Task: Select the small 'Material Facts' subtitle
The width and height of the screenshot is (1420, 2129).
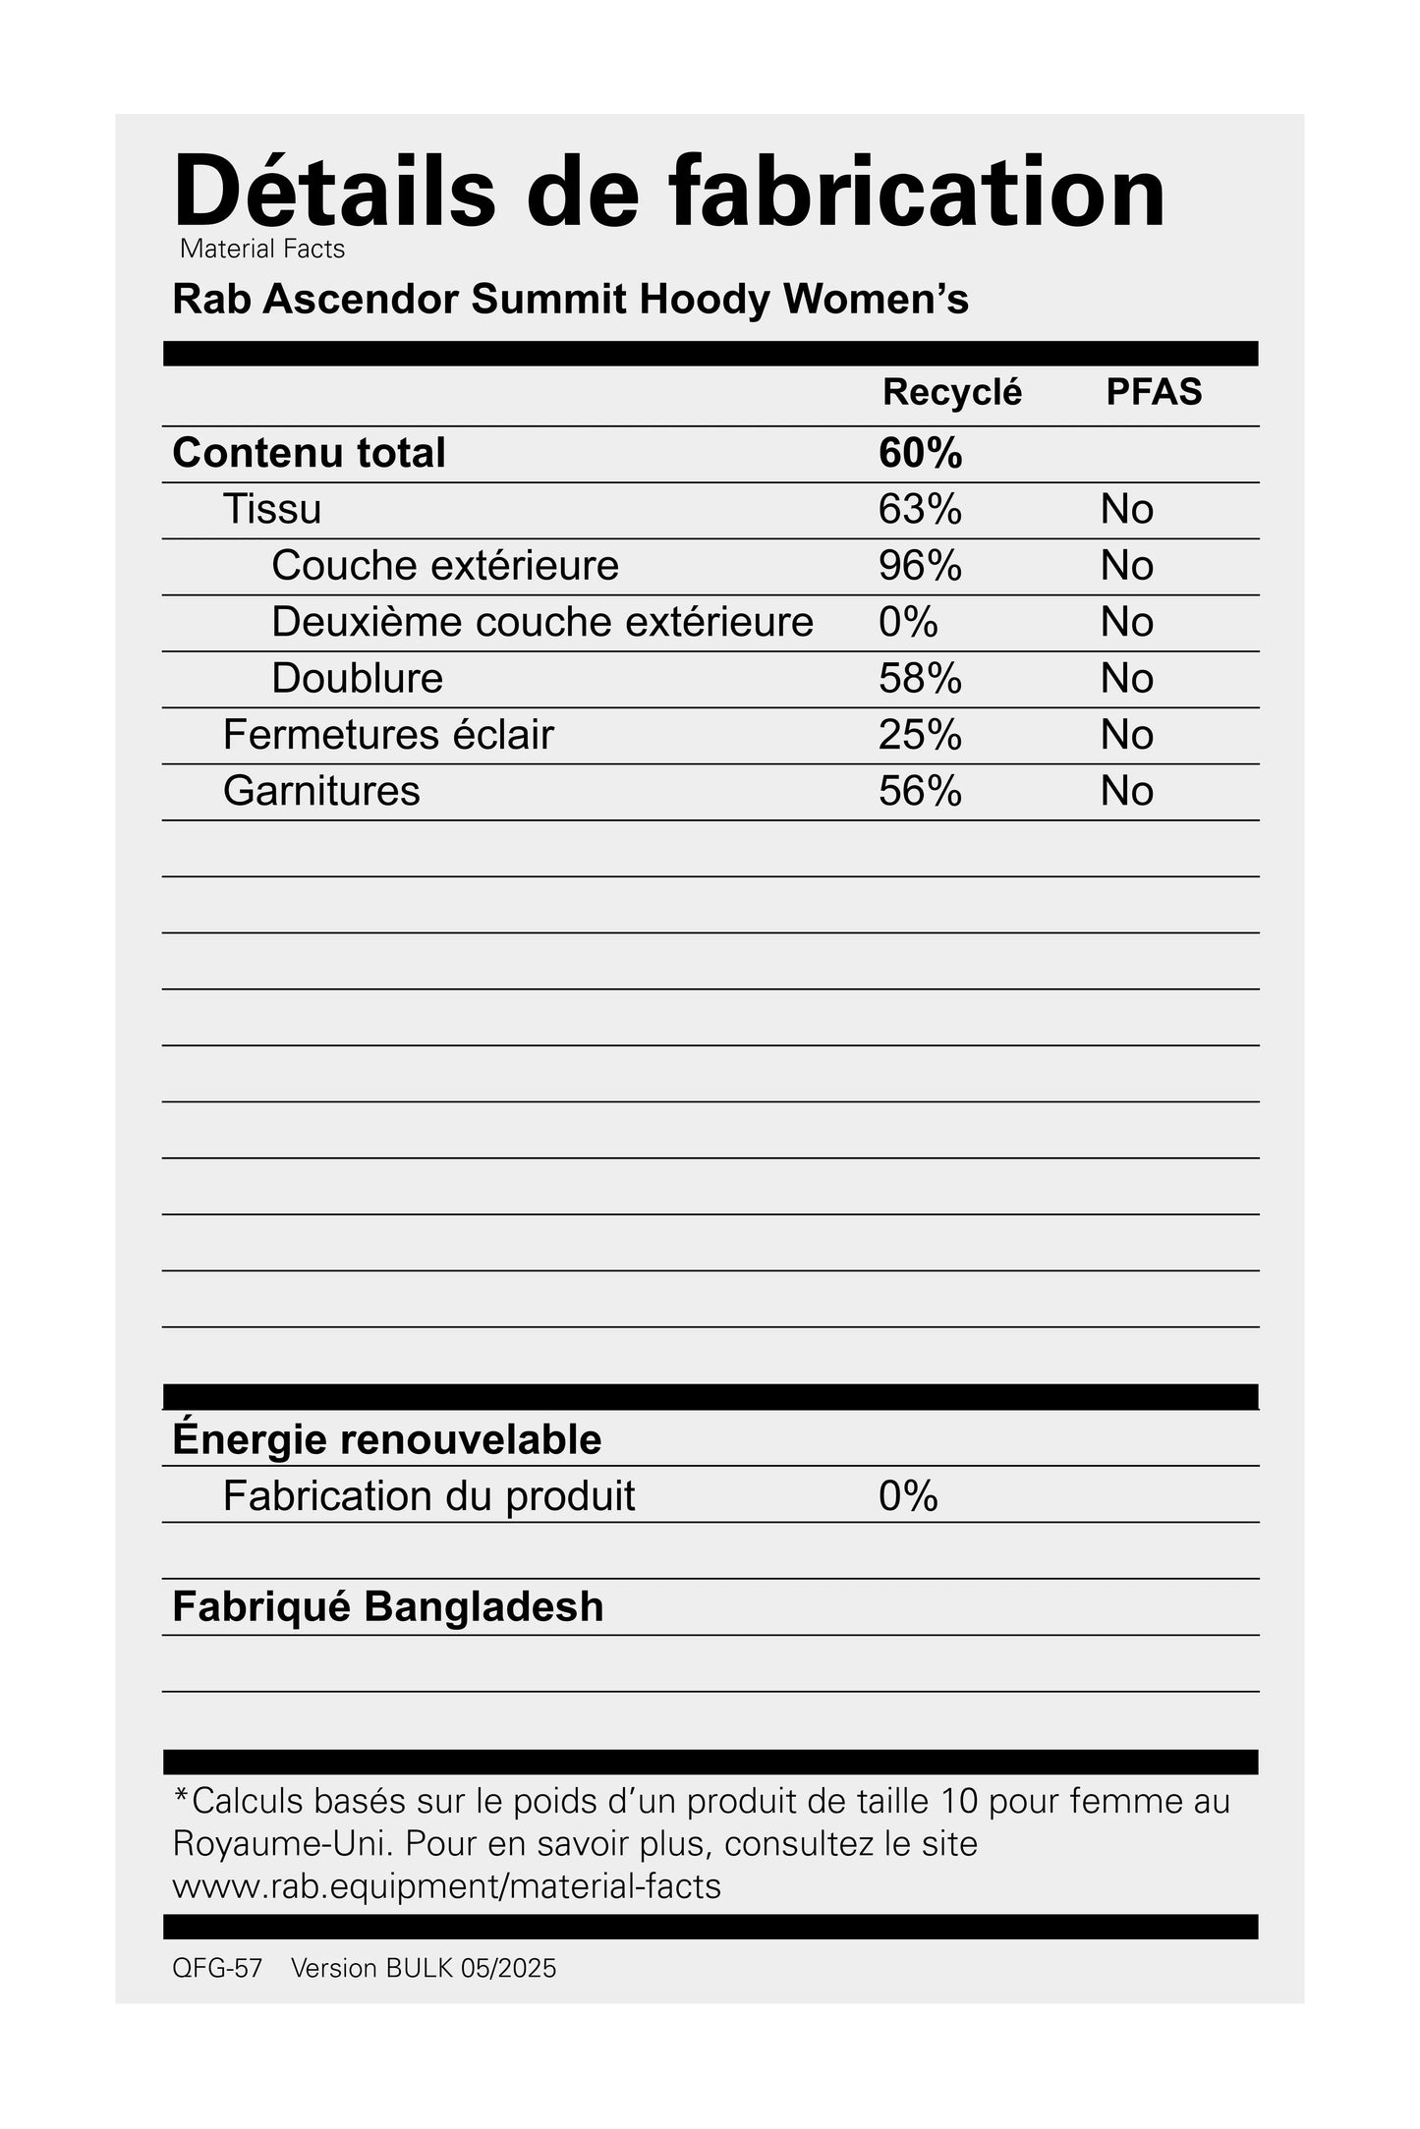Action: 262,250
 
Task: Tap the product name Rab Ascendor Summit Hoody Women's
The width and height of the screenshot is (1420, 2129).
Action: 570,300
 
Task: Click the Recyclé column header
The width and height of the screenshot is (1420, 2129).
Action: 951,392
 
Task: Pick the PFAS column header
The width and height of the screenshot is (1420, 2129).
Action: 1154,392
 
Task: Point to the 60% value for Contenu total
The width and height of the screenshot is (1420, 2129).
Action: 920,453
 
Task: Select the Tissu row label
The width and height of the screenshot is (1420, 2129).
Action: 272,509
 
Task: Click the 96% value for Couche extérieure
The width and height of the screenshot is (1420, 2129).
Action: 920,566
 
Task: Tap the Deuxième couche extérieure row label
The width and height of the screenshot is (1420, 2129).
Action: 542,622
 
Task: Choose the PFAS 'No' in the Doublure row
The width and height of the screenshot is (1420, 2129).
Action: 1126,679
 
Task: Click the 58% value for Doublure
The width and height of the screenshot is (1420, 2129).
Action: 920,679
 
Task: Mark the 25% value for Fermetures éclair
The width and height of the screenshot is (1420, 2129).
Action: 920,735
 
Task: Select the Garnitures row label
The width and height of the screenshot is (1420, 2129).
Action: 321,791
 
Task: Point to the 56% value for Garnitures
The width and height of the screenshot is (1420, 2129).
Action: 920,791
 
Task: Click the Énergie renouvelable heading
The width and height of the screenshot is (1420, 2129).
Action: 386,1439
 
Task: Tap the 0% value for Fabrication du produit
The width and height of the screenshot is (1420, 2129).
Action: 908,1496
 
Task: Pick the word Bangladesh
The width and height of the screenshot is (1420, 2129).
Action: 483,1607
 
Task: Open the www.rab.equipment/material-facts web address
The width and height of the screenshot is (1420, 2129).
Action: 446,1886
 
